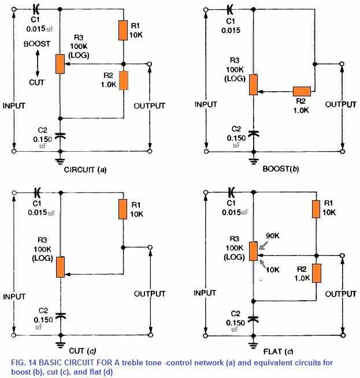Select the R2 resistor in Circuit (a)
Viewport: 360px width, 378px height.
tap(124, 81)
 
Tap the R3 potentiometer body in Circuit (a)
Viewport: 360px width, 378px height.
tap(60, 63)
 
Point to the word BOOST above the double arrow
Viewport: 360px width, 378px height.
tap(36, 43)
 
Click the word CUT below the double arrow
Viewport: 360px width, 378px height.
tap(36, 82)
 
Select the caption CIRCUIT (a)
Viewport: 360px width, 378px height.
tap(85, 170)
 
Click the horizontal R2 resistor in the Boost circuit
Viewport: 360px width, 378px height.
tap(302, 91)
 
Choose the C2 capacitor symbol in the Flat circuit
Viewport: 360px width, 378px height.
tap(253, 317)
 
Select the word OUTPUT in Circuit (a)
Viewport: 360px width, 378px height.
tap(149, 106)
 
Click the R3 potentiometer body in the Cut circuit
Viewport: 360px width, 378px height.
tap(60, 266)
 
